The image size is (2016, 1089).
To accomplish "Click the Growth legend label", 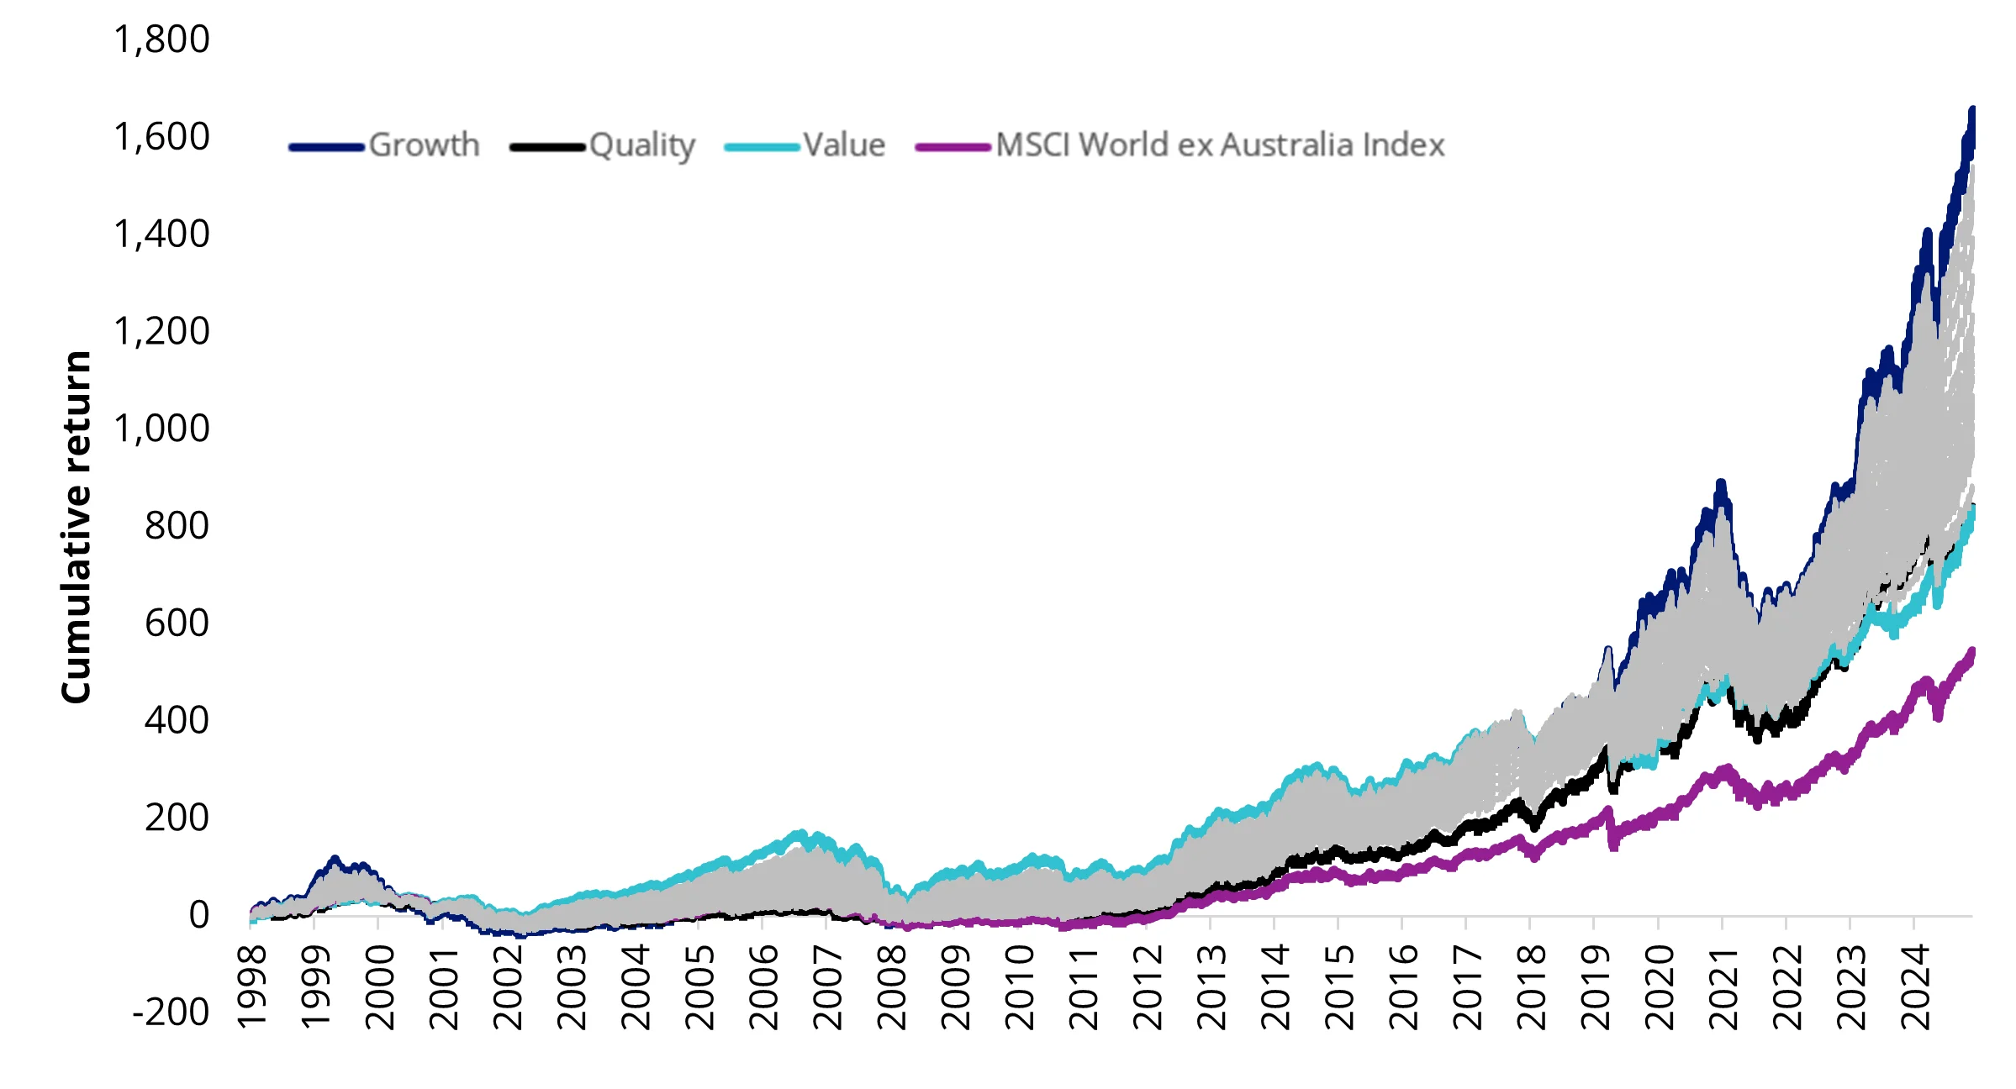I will [424, 145].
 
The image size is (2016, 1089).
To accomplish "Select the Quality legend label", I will [642, 145].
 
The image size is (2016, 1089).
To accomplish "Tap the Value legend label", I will [844, 145].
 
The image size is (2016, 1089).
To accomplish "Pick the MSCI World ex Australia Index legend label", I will [1220, 145].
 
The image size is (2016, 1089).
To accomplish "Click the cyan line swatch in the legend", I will [762, 147].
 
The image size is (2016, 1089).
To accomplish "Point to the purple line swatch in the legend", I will [953, 147].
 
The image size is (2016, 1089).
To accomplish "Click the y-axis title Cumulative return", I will [76, 527].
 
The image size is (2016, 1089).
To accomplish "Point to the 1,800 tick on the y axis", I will [161, 39].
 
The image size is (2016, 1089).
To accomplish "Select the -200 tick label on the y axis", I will [171, 1012].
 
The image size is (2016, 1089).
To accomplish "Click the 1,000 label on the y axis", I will [161, 429].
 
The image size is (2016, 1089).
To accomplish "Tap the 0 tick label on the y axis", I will [198, 914].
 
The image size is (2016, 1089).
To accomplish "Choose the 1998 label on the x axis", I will [252, 987].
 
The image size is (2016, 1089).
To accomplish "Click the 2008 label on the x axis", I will [892, 987].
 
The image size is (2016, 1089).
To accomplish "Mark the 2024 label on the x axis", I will [1916, 987].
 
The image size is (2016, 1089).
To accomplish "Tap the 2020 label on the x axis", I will [1660, 987].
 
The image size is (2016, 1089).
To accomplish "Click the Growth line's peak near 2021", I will [1720, 483].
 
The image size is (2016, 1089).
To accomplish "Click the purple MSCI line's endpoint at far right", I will [1972, 650].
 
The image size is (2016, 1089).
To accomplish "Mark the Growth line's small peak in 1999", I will [335, 858].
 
